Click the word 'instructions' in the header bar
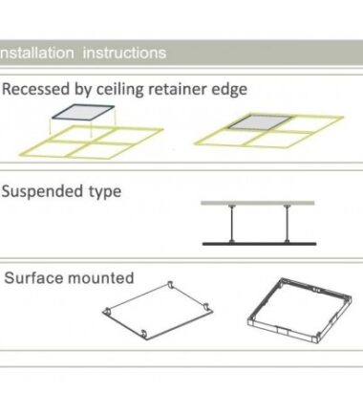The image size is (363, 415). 124,53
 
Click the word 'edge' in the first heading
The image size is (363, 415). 229,90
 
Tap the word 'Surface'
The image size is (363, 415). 33,278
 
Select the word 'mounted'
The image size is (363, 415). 101,278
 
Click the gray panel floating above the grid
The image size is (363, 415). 83,112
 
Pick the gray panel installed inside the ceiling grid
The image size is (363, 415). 260,122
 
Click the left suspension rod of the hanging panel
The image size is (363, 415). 232,223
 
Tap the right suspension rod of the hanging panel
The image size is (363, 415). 288,223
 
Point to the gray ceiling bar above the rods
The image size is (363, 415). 258,203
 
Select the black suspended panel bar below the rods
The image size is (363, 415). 259,244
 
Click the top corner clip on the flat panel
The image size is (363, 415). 170,284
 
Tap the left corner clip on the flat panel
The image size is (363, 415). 107,311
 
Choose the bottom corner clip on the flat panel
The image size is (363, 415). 144,335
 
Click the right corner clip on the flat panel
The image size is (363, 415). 207,307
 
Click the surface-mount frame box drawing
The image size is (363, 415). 300,311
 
